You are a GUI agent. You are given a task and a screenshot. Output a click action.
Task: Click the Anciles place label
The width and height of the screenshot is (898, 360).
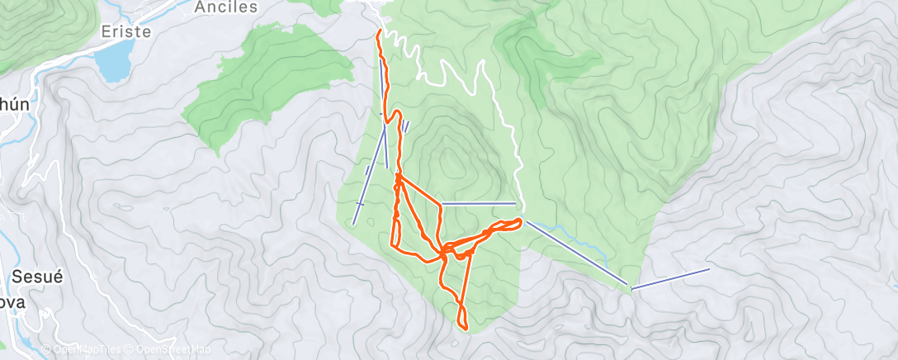coord(226,7)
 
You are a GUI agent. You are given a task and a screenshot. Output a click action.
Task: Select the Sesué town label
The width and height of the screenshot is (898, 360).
coord(36,277)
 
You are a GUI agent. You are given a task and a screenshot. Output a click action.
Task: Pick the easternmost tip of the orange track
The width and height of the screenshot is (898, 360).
coord(520,220)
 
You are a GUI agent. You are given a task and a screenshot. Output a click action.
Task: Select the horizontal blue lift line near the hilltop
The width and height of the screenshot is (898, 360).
coord(479,203)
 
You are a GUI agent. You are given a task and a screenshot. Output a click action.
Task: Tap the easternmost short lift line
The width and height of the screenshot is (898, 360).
coord(670,278)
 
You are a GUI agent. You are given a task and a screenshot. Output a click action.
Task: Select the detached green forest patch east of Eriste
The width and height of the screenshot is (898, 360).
coord(252,87)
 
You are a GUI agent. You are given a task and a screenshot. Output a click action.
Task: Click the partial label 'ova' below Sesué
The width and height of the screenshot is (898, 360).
coord(10,302)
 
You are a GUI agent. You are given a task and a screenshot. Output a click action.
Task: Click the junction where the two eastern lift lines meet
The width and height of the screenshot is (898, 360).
coord(631,287)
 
